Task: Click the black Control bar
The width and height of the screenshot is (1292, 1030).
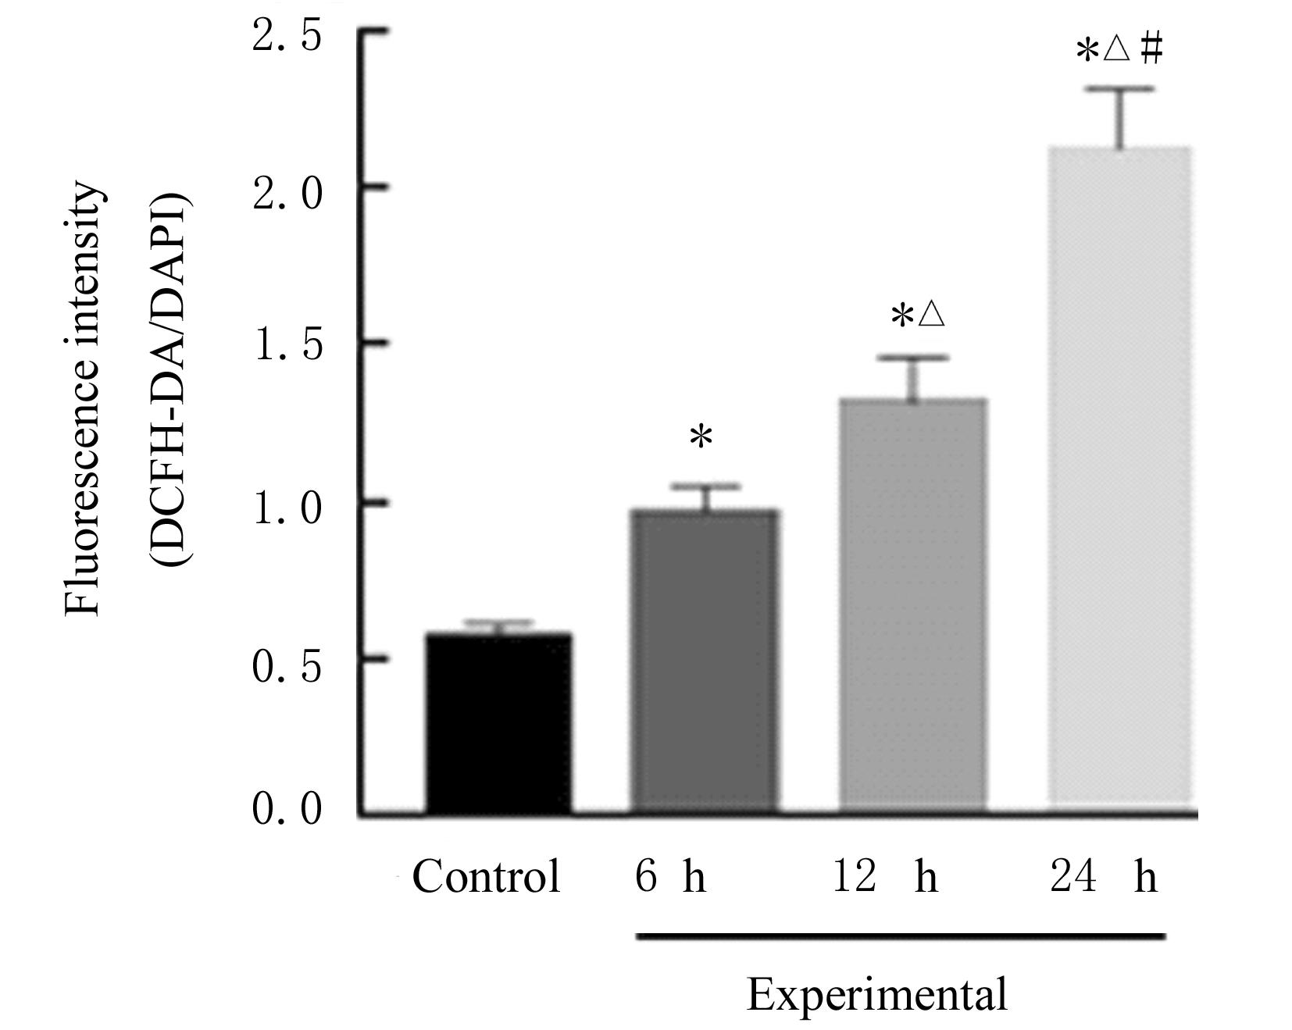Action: click(x=498, y=722)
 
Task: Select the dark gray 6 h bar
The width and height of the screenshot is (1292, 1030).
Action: click(x=704, y=660)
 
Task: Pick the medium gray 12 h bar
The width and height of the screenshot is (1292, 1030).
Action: click(x=912, y=605)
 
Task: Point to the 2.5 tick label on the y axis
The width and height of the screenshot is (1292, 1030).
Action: click(x=287, y=36)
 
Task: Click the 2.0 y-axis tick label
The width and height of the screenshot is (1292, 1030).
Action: click(x=287, y=192)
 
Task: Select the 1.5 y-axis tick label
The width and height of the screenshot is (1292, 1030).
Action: click(x=287, y=347)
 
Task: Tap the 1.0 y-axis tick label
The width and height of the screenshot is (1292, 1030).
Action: click(x=287, y=508)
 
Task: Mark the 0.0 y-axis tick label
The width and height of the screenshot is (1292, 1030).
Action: click(x=287, y=809)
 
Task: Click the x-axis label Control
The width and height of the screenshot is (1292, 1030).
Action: click(x=486, y=876)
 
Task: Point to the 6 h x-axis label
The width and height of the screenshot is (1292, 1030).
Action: click(x=670, y=876)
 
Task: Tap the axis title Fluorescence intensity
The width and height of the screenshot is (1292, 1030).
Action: click(x=83, y=400)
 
